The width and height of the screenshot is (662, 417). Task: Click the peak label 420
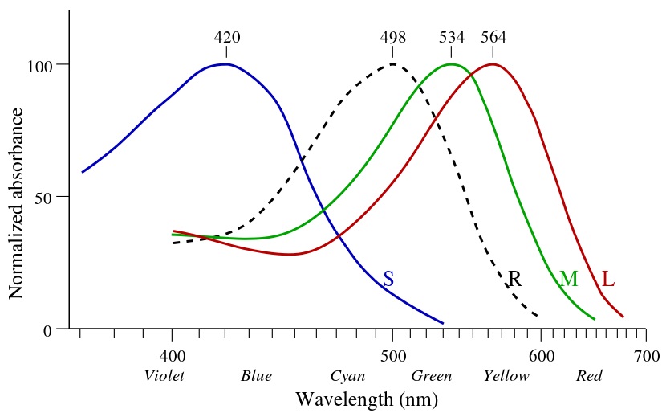[x=226, y=38]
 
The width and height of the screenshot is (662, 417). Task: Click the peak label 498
[x=393, y=38]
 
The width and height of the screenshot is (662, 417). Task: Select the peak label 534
[x=452, y=38]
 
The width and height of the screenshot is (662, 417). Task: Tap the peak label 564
[x=493, y=38]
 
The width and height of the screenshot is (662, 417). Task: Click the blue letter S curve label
[x=388, y=279]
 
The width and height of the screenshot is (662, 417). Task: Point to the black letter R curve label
[x=515, y=279]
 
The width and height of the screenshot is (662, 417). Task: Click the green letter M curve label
[x=568, y=279]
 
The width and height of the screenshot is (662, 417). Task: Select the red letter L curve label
[x=608, y=279]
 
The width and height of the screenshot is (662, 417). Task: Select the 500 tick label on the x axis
[x=392, y=355]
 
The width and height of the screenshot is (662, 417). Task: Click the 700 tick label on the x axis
[x=645, y=355]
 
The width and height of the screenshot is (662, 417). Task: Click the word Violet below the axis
[x=164, y=376]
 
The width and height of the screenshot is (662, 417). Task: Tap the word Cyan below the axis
[x=347, y=376]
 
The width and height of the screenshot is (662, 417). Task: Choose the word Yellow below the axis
[x=506, y=376]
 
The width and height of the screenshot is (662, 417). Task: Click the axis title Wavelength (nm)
[x=366, y=399]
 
